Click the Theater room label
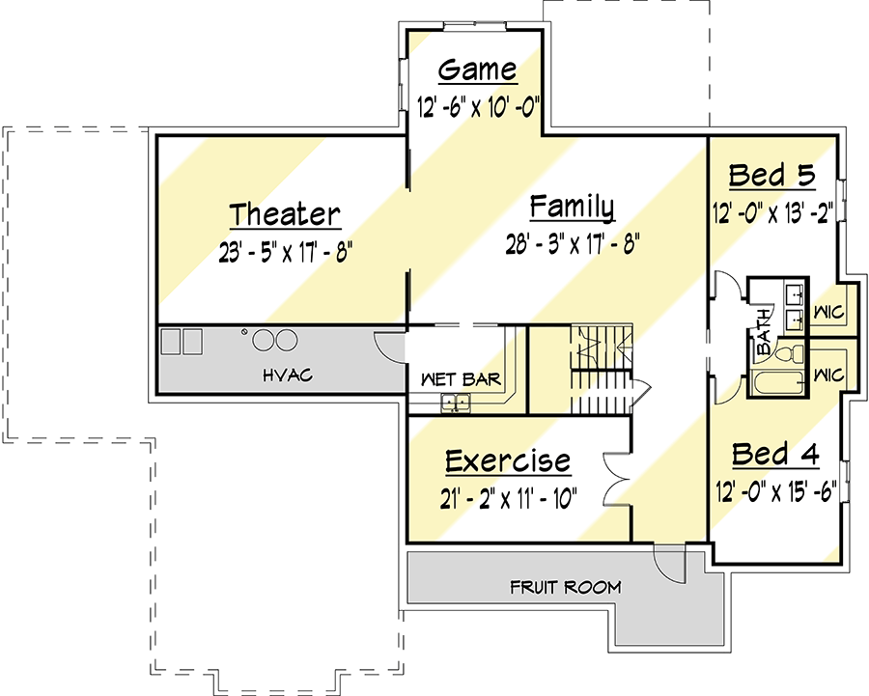[x=285, y=214]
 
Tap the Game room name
[x=478, y=70]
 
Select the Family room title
[x=572, y=208]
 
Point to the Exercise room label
[x=508, y=461]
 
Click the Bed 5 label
[x=772, y=175]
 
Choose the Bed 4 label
[x=775, y=455]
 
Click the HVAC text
[x=288, y=376]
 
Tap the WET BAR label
[x=462, y=379]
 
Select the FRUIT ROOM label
[x=565, y=587]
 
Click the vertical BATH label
[x=763, y=331]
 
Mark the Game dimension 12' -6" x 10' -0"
[x=478, y=105]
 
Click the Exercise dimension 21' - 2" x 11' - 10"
[x=508, y=497]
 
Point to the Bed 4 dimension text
[x=776, y=490]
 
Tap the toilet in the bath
[x=789, y=354]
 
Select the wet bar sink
[x=456, y=403]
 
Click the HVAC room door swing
[x=391, y=348]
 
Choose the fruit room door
[x=669, y=562]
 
